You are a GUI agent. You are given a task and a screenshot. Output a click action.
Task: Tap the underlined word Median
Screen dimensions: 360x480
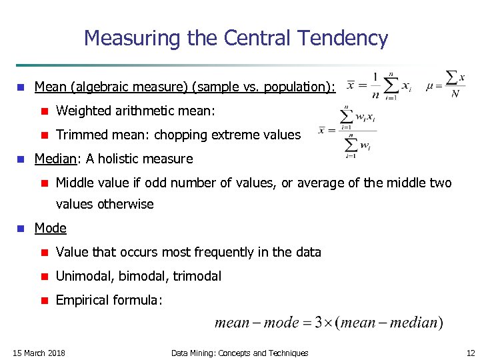55,159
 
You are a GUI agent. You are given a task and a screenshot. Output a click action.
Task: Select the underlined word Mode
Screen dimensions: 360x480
51,228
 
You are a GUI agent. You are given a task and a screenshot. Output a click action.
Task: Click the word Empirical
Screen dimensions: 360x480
83,300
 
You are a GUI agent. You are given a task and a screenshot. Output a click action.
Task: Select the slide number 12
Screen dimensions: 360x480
471,353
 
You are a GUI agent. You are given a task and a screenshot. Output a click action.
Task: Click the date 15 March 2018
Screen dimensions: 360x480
39,353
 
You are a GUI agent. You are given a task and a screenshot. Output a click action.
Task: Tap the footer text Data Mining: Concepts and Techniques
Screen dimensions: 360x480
239,353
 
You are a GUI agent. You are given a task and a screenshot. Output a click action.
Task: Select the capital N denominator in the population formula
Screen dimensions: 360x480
455,94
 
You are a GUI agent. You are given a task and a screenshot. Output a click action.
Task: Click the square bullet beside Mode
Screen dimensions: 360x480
21,229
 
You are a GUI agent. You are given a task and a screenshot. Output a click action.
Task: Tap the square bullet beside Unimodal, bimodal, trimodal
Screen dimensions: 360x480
43,277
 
